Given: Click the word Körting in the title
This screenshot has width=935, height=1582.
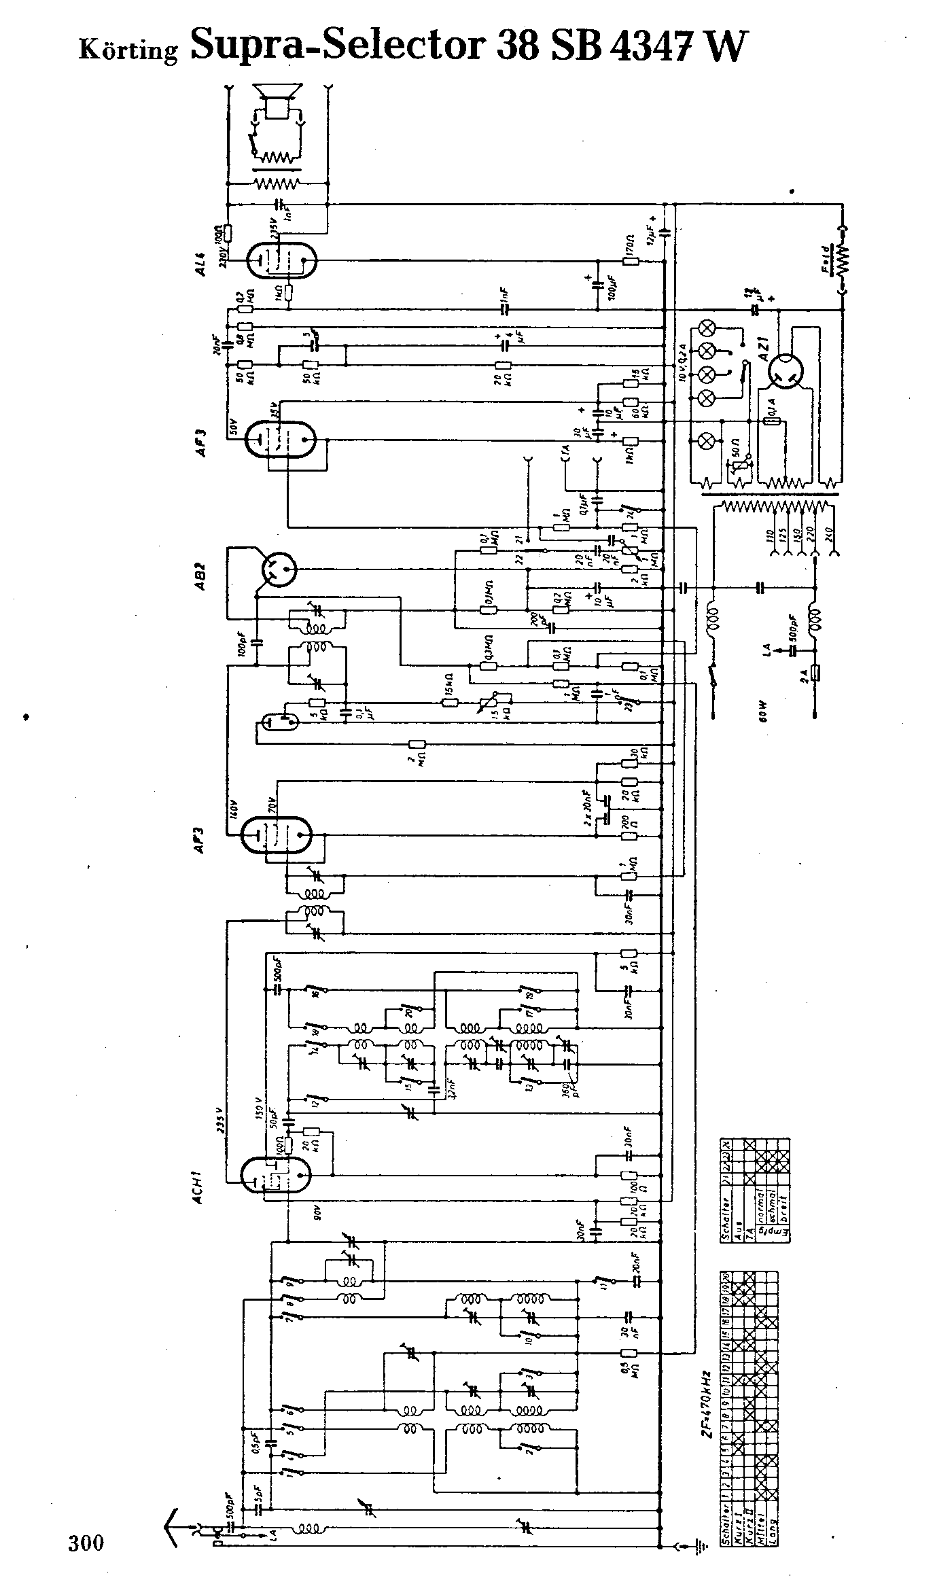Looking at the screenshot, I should point(128,50).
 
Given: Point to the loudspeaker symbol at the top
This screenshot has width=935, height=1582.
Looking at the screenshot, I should point(277,102).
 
